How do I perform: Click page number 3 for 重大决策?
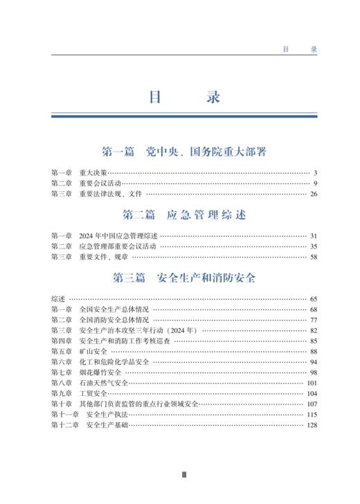tap(314, 172)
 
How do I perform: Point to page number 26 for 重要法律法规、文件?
tap(313, 194)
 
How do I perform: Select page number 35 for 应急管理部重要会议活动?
tap(313, 246)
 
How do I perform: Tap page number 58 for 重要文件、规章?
tap(313, 258)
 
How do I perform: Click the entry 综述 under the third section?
tap(58, 298)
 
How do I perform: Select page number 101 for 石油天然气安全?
tap(312, 383)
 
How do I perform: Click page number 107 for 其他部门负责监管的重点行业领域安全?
tap(312, 404)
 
